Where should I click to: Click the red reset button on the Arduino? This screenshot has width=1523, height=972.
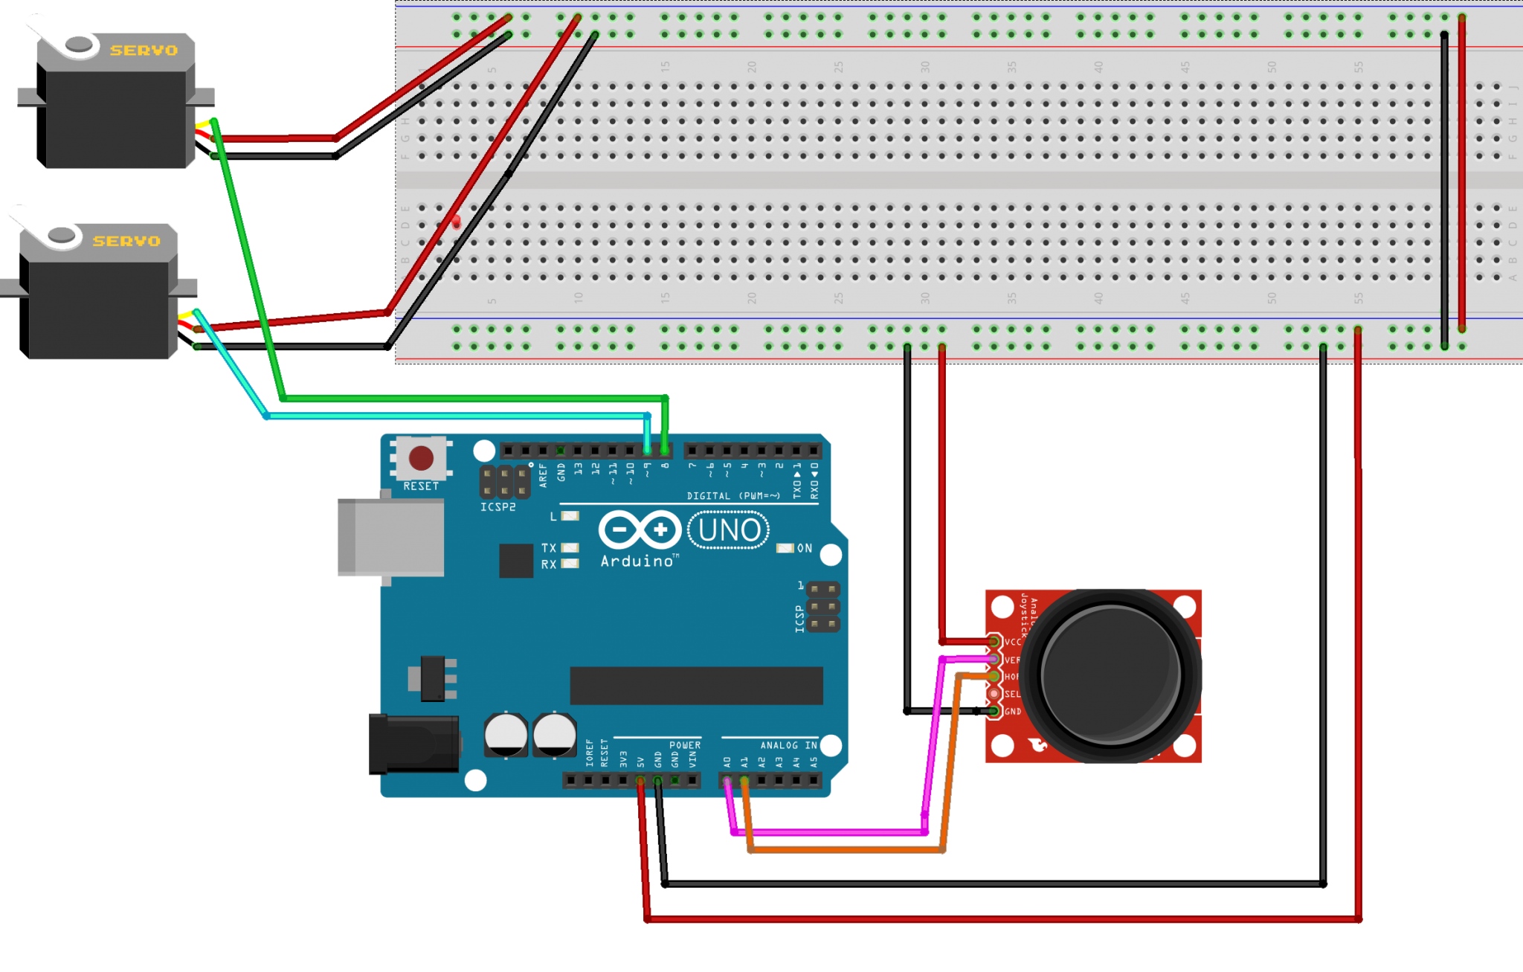(x=421, y=458)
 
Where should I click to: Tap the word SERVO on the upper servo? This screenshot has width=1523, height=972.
(x=144, y=51)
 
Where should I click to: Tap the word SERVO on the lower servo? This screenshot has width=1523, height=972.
(x=126, y=241)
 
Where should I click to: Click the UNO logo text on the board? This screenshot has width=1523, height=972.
(x=729, y=530)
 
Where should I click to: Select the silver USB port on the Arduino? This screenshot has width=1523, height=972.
(x=390, y=537)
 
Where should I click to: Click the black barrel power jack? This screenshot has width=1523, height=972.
(x=413, y=743)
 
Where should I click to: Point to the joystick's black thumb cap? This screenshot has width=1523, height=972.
(x=1110, y=675)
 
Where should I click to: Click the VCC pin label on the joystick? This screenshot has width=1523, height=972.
(x=1012, y=642)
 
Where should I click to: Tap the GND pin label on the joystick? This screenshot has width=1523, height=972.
(x=1012, y=712)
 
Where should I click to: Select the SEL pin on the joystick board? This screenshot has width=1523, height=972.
(x=994, y=693)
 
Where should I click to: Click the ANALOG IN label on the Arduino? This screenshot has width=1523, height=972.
(x=788, y=745)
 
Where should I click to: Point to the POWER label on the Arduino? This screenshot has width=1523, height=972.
(x=684, y=745)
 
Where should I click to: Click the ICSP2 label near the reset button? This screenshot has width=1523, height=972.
(x=498, y=507)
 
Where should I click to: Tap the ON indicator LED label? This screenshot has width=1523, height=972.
(x=804, y=548)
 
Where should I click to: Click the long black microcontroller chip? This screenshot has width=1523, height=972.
(x=696, y=685)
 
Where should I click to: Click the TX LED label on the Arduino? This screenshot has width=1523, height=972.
(x=549, y=548)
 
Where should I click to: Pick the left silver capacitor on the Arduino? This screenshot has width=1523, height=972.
(x=506, y=735)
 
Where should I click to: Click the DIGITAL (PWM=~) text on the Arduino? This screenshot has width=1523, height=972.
(x=733, y=496)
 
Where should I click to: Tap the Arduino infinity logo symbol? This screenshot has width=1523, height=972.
(x=640, y=530)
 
